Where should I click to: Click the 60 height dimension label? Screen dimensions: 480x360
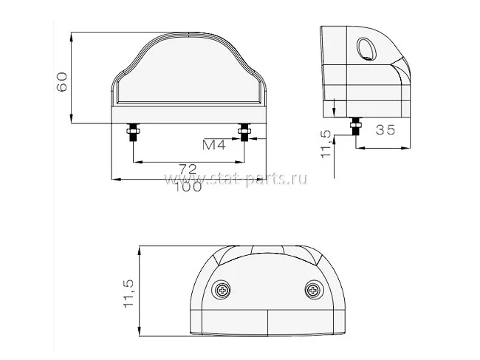point(62,82)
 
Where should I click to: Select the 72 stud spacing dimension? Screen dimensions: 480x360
point(188,169)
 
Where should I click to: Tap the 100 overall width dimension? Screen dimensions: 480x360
point(188,186)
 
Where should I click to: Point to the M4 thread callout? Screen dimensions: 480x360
point(214,145)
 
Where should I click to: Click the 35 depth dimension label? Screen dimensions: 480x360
point(385,130)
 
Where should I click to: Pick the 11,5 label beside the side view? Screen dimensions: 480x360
point(326,144)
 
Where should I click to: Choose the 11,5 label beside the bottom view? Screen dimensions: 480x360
point(128,293)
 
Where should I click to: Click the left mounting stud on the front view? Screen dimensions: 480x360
point(133,132)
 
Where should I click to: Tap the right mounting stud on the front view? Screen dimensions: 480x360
point(244,132)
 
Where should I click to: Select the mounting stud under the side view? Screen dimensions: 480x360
point(356,126)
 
